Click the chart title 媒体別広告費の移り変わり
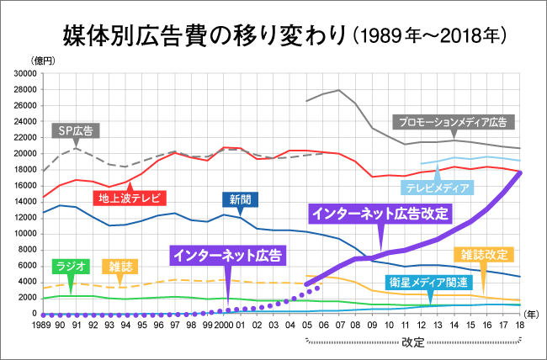(205, 34)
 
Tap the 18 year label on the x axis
(520, 323)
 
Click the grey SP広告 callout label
(77, 130)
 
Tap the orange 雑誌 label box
(121, 266)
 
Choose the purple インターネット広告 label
(226, 252)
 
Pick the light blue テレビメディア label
(435, 188)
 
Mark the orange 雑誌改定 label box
(485, 254)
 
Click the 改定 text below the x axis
(412, 342)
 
